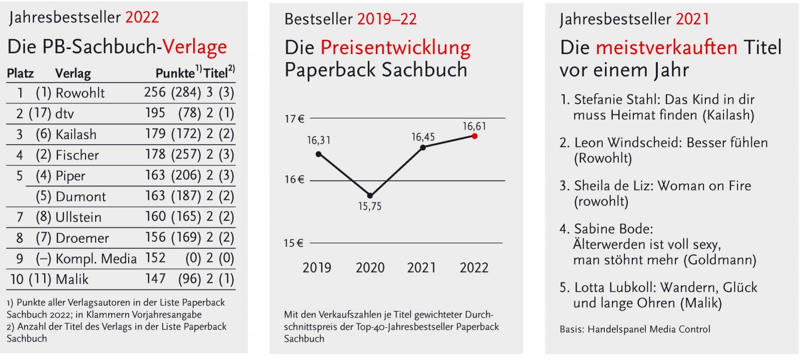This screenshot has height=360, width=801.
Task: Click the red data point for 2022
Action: [x=475, y=136]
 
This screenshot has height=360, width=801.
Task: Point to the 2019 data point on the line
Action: [x=319, y=154]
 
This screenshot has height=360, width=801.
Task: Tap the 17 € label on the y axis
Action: [x=294, y=119]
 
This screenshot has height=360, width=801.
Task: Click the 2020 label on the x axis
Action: [x=370, y=268]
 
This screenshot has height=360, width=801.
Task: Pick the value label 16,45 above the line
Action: [x=423, y=137]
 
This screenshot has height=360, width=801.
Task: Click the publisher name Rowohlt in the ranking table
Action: [x=80, y=93]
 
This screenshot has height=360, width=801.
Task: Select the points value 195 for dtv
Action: [x=155, y=113]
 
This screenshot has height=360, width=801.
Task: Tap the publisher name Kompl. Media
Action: [x=96, y=259]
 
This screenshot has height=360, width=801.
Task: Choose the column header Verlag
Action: [x=73, y=74]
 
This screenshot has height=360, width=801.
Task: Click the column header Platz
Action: [x=21, y=74]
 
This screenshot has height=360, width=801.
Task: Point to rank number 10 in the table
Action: [x=17, y=279]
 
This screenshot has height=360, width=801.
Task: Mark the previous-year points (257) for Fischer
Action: [x=186, y=155]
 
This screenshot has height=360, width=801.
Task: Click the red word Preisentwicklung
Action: [x=395, y=48]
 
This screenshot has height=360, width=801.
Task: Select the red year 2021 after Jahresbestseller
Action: [x=692, y=20]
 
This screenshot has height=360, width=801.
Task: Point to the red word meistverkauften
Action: [x=666, y=48]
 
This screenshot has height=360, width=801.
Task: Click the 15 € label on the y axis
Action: [x=293, y=243]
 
